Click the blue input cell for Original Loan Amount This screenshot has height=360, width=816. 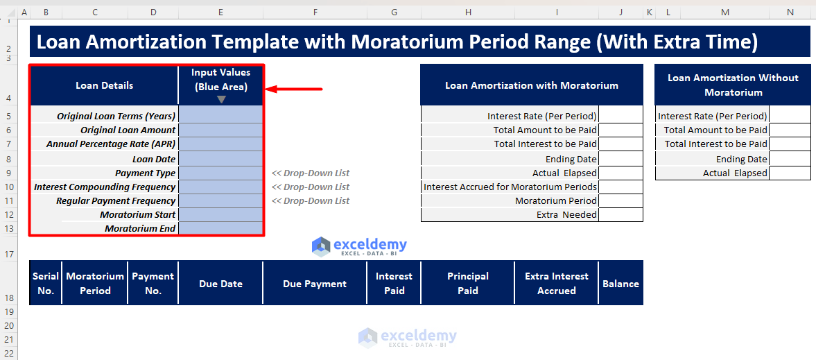[x=220, y=130]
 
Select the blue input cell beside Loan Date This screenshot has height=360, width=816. [x=220, y=159]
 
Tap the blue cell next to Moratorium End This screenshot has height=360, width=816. [x=220, y=228]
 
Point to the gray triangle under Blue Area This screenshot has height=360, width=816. [x=221, y=99]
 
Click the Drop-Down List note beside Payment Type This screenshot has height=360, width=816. [x=311, y=173]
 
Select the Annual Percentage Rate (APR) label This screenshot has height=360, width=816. [x=111, y=144]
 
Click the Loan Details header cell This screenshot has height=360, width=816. [x=104, y=85]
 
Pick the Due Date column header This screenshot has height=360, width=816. [x=220, y=283]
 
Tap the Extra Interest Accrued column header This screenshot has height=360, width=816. [x=556, y=283]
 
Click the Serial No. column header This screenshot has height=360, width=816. [x=46, y=283]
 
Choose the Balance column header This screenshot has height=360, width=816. [x=620, y=283]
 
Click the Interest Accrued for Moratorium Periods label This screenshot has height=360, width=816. [x=510, y=187]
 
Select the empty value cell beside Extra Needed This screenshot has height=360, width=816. [x=620, y=215]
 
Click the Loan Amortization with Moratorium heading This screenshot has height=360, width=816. [x=531, y=85]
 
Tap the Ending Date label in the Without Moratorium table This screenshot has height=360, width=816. [x=741, y=159]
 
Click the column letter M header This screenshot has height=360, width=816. [x=724, y=12]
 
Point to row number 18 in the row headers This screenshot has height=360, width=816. [x=9, y=298]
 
